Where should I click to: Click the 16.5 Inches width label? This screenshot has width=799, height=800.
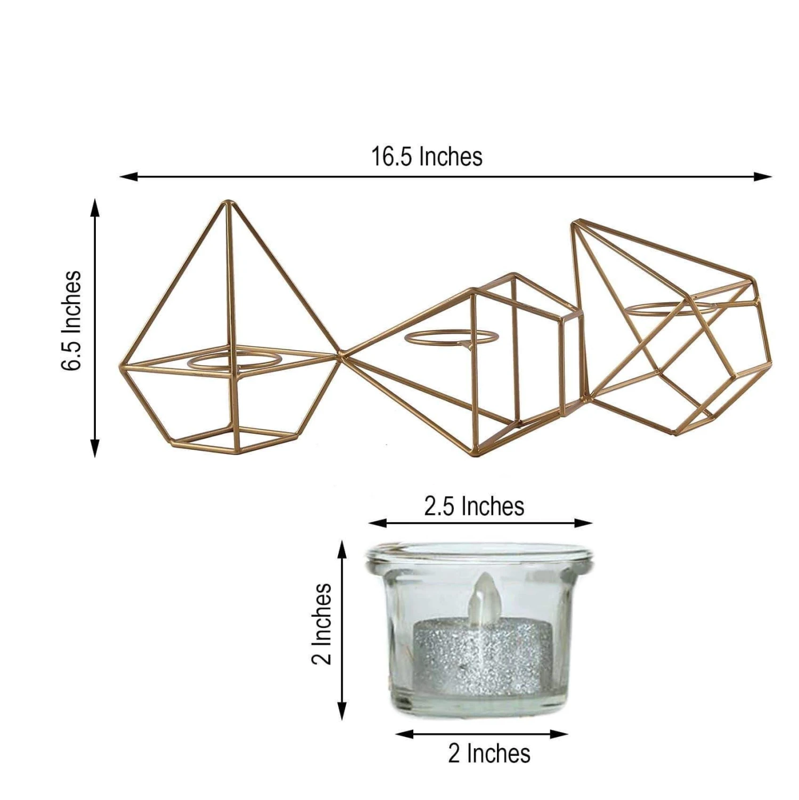click(x=427, y=157)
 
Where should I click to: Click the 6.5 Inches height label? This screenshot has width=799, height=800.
click(x=71, y=320)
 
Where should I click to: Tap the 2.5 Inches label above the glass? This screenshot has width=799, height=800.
click(x=474, y=506)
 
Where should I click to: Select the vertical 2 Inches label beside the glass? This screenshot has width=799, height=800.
click(x=321, y=624)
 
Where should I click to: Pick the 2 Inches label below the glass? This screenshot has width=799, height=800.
click(x=489, y=754)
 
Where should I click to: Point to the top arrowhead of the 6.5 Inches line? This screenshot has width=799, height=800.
click(x=95, y=206)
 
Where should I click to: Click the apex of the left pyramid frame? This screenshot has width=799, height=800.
click(x=229, y=203)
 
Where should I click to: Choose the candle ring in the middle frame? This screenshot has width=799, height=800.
click(x=451, y=337)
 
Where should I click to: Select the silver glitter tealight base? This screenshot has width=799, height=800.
click(x=482, y=656)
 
